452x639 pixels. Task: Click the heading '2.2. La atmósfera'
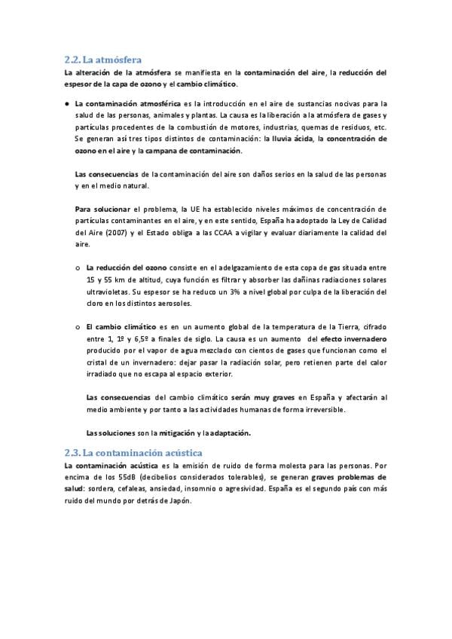103,58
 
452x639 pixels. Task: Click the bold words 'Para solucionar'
102,209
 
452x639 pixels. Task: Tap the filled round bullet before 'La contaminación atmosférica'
67,103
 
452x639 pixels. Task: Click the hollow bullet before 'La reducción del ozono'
78,268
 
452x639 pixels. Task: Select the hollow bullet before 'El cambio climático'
78,327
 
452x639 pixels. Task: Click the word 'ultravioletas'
111,291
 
